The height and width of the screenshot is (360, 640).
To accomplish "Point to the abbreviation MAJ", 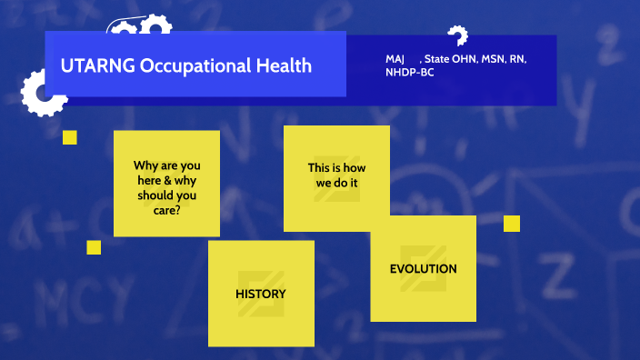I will pos(395,58).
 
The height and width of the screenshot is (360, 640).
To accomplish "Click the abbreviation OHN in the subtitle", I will pos(463,58).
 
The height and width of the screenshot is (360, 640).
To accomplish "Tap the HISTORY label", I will pos(261,294).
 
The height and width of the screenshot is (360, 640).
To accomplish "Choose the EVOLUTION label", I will pos(423,268).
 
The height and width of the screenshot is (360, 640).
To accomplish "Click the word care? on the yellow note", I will pos(166,209).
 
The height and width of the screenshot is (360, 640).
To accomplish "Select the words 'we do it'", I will pos(336,183).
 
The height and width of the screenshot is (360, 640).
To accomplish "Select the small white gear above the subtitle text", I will pos(456,36).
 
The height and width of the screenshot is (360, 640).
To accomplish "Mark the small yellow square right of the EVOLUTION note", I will pos(512,224).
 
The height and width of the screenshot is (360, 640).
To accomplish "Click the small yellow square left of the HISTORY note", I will pos(94,247).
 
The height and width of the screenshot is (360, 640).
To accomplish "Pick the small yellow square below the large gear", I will pos(69,137).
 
